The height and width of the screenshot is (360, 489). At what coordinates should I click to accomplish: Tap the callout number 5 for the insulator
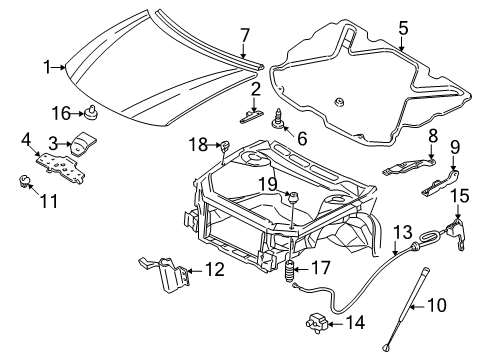(x=403, y=28)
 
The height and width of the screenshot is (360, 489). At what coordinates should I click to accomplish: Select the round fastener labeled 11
(x=21, y=180)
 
